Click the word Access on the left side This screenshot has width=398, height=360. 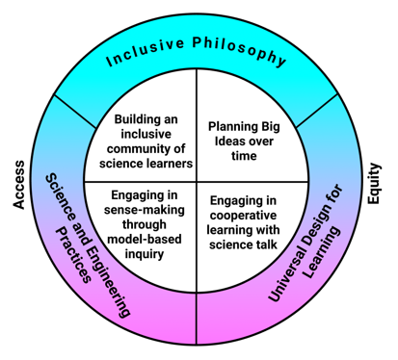[18, 182]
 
